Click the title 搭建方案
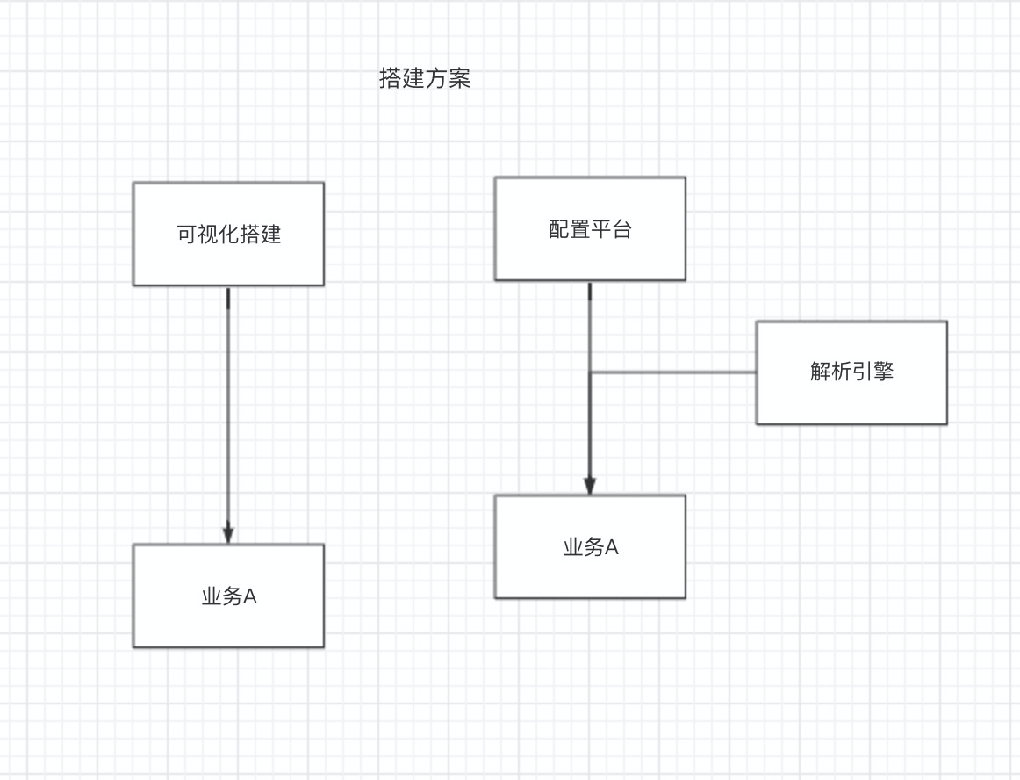click(425, 79)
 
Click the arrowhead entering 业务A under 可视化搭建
click(228, 533)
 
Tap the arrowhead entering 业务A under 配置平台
click(590, 485)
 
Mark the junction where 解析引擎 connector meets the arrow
click(590, 372)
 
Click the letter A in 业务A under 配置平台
click(612, 548)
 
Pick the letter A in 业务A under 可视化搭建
click(249, 597)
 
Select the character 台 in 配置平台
click(621, 230)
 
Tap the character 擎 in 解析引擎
click(883, 372)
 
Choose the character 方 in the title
click(436, 79)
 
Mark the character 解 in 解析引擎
click(821, 372)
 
